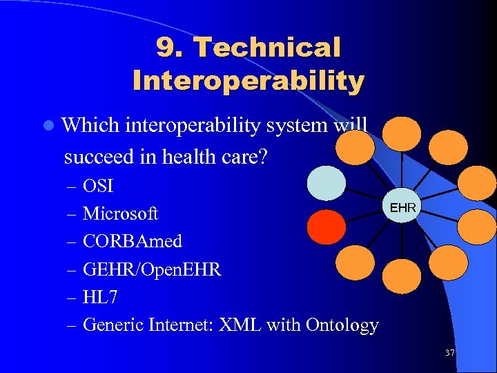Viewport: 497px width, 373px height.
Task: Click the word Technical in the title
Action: tap(267, 48)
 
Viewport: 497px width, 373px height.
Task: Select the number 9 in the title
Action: tap(166, 48)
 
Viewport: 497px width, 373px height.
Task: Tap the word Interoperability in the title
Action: tap(248, 81)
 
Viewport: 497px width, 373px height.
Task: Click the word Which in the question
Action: tap(90, 126)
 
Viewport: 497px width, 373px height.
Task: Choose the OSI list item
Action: tap(98, 186)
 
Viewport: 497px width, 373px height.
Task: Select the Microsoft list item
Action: tap(120, 214)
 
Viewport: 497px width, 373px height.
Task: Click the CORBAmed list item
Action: tap(133, 242)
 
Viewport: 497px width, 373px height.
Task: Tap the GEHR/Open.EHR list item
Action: tap(152, 269)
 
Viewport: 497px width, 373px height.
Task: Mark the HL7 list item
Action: tap(100, 297)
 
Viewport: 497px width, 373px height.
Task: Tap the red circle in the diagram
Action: tap(326, 227)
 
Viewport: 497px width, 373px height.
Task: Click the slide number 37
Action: tap(450, 353)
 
